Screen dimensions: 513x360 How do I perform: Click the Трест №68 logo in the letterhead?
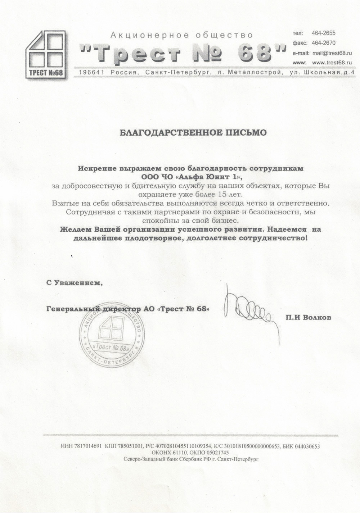pyautogui.click(x=46, y=54)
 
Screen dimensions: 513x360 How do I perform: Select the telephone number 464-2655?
pyautogui.click(x=323, y=33)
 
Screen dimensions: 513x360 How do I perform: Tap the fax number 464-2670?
pyautogui.click(x=323, y=43)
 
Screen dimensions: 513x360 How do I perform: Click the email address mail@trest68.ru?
pyautogui.click(x=332, y=53)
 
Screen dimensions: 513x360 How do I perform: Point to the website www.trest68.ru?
pyautogui.click(x=331, y=63)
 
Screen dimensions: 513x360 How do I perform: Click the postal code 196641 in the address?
pyautogui.click(x=89, y=73)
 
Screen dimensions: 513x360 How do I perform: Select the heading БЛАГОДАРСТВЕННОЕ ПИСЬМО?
pyautogui.click(x=193, y=133)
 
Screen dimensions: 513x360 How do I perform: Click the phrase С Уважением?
pyautogui.click(x=75, y=283)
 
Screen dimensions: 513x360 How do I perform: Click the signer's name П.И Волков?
pyautogui.click(x=309, y=318)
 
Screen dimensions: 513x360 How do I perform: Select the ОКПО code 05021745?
pyautogui.click(x=216, y=453)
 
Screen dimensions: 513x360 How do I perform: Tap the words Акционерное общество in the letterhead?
pyautogui.click(x=181, y=35)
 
